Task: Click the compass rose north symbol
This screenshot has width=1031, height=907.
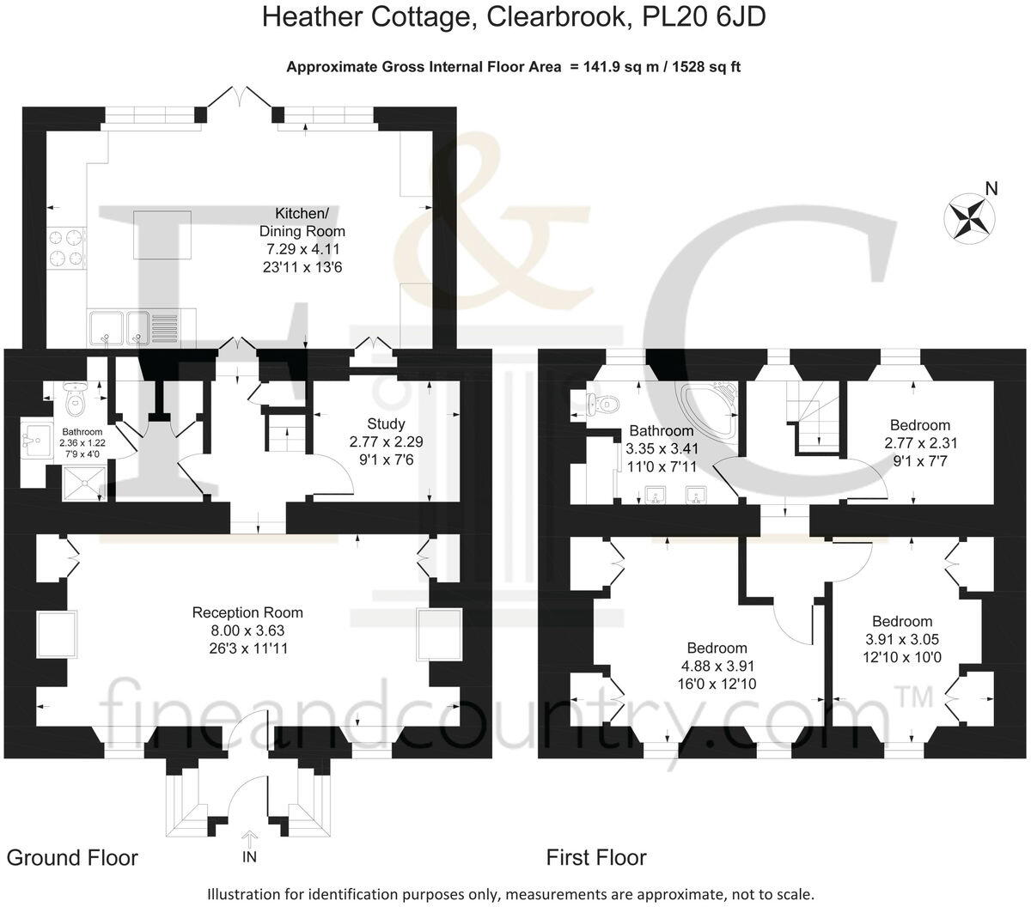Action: coord(968,215)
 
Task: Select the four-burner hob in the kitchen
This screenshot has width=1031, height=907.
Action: coord(67,247)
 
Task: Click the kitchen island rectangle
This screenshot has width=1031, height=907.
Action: coord(162,234)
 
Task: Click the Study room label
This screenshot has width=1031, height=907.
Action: coord(386,423)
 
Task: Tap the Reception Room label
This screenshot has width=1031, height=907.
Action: coord(247,612)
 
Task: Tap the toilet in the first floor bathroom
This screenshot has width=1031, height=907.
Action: coord(604,401)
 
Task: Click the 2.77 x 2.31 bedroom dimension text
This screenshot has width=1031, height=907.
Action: coord(920,443)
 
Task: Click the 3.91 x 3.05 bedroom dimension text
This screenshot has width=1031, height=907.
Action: coord(902,639)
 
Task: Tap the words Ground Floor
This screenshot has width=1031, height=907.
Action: coord(72,857)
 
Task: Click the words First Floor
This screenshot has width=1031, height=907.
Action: coord(596,857)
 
